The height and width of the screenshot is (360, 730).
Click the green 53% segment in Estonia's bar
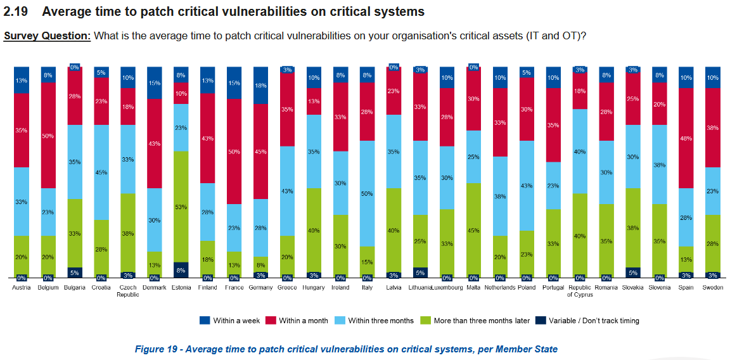(x=181, y=207)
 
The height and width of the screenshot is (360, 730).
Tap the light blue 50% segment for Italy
(x=366, y=193)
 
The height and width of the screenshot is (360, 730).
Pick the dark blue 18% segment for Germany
(x=260, y=85)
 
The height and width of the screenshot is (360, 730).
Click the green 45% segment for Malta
(x=473, y=230)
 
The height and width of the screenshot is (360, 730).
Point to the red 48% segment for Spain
(x=686, y=138)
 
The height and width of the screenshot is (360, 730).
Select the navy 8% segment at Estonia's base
(x=181, y=270)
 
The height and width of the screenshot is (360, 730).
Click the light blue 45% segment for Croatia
(x=101, y=172)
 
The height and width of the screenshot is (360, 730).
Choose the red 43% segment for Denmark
(x=155, y=143)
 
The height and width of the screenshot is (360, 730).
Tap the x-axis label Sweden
(x=712, y=288)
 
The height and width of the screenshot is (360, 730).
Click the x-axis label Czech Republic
(x=128, y=291)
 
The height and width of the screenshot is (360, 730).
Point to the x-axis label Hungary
(x=314, y=288)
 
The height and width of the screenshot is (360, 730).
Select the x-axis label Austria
(x=22, y=288)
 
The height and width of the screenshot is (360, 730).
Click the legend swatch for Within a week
(x=205, y=321)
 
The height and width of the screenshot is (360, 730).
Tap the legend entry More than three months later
(x=482, y=321)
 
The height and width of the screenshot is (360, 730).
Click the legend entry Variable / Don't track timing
(x=594, y=321)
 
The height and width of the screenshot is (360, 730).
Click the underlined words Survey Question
(x=48, y=35)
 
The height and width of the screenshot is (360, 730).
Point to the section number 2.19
(x=16, y=12)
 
